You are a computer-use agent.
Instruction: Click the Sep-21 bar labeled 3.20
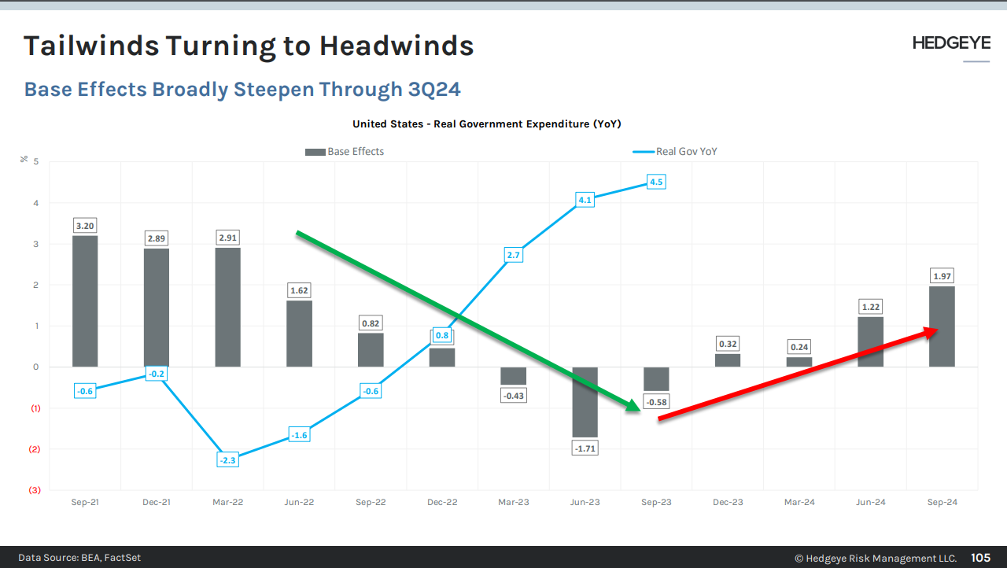tap(85, 301)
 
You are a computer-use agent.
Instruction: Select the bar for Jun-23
tap(585, 402)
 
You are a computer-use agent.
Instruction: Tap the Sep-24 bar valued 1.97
tap(942, 326)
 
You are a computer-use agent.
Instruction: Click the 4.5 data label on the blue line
tap(656, 182)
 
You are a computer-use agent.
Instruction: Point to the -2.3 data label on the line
tap(227, 460)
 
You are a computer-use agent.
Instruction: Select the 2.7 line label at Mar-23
tap(513, 255)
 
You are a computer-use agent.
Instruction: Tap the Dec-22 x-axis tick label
tap(442, 502)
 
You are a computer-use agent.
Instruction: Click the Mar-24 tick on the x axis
tap(799, 502)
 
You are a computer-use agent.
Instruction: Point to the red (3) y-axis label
tap(35, 490)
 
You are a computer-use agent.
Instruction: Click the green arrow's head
tap(633, 407)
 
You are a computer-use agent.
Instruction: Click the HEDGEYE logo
tap(951, 43)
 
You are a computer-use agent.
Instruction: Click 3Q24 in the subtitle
tap(434, 89)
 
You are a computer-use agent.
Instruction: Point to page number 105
tap(980, 558)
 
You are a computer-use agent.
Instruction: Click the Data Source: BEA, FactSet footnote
tap(79, 558)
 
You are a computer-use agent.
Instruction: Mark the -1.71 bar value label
tap(585, 448)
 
